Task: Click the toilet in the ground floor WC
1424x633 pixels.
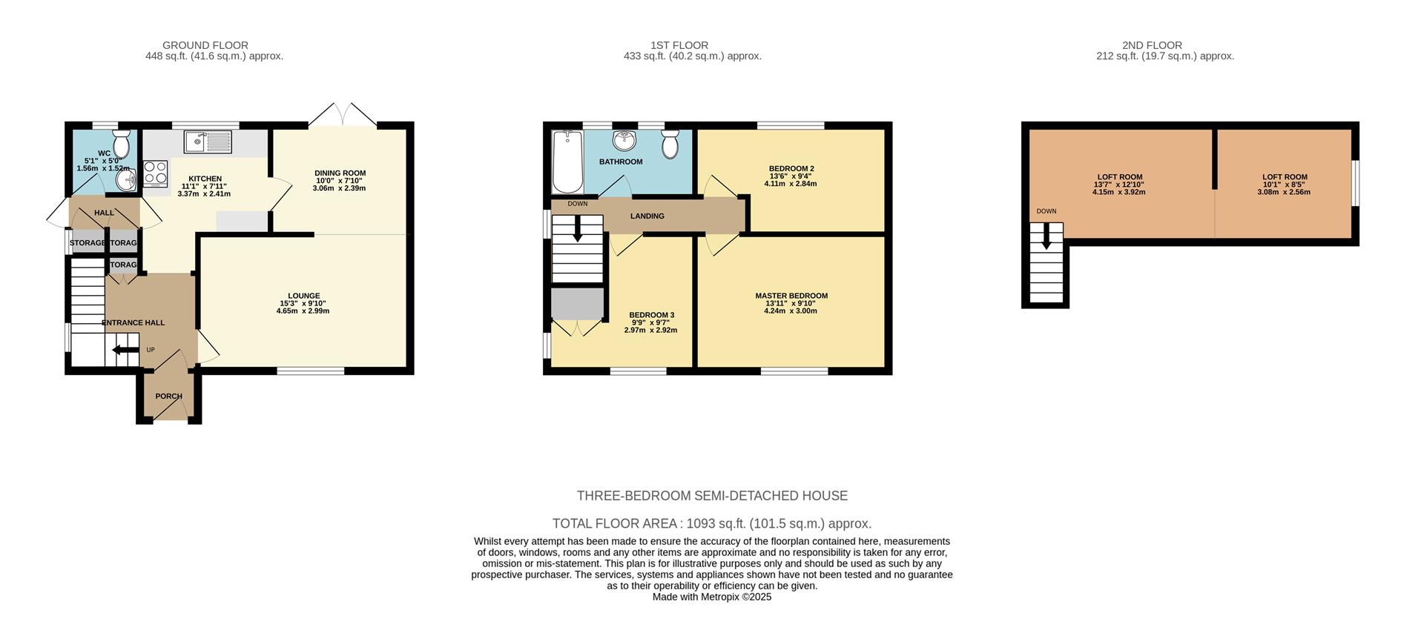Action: pos(122,143)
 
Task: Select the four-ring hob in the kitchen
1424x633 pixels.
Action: pos(155,173)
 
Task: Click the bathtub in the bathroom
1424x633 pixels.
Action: pos(567,161)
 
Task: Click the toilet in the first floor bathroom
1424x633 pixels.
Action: pos(670,144)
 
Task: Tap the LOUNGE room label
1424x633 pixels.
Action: pos(303,296)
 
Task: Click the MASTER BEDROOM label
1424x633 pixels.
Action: pos(791,296)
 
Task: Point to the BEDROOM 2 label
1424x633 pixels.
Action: pos(791,168)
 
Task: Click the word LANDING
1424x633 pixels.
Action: pos(647,216)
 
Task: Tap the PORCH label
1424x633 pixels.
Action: pos(168,397)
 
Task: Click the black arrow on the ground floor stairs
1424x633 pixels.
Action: pos(125,351)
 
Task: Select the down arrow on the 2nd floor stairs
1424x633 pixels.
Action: pos(1046,237)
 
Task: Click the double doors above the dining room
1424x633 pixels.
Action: pos(343,115)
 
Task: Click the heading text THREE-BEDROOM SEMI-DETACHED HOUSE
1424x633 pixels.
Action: pos(712,496)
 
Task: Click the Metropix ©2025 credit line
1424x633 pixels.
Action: pos(712,597)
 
